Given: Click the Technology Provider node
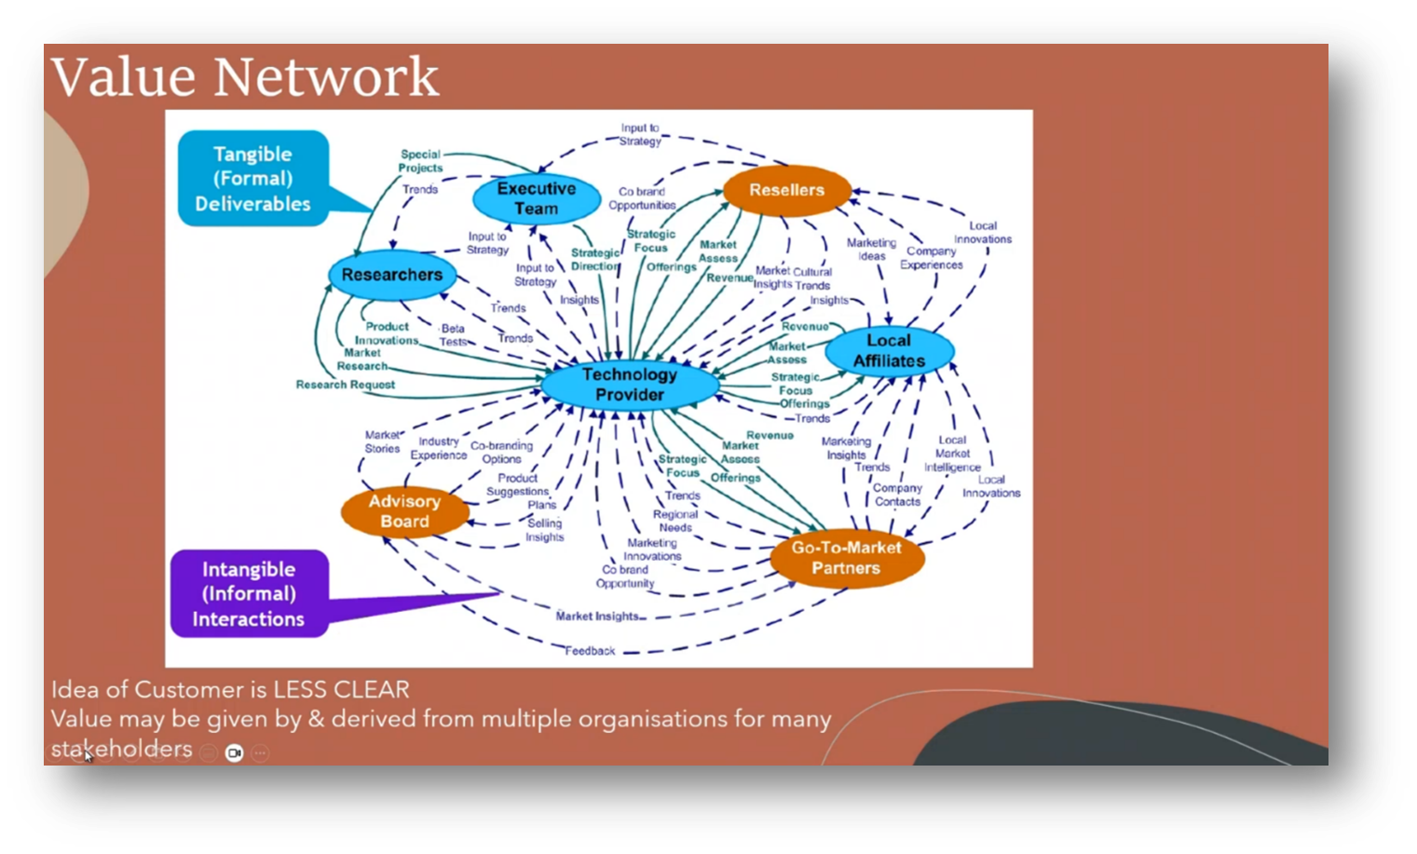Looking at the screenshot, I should tap(630, 385).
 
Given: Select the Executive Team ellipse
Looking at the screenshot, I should tap(536, 198).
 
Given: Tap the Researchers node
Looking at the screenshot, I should tap(391, 275).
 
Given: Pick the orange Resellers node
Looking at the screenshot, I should tap(786, 190).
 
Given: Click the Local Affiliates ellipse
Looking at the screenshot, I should tap(889, 351).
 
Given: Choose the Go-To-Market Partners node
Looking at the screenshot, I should tap(846, 558).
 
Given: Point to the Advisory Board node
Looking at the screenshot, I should tap(404, 511).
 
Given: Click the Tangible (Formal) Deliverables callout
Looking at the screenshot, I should tap(252, 179).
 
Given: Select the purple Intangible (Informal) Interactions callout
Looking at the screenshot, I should tap(249, 594).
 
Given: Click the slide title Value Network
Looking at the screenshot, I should tap(245, 76).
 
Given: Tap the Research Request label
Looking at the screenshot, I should tap(345, 385).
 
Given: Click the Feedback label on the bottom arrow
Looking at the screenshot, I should tap(590, 651).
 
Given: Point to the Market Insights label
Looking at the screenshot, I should tap(597, 616).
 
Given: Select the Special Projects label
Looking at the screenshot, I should tap(420, 161).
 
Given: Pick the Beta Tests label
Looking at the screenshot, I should tap(453, 335).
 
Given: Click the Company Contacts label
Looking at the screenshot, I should tap(897, 495).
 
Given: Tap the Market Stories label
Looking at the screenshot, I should tap(382, 441).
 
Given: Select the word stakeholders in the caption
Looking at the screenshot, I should tap(121, 749).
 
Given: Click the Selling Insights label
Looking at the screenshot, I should tap(544, 530).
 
